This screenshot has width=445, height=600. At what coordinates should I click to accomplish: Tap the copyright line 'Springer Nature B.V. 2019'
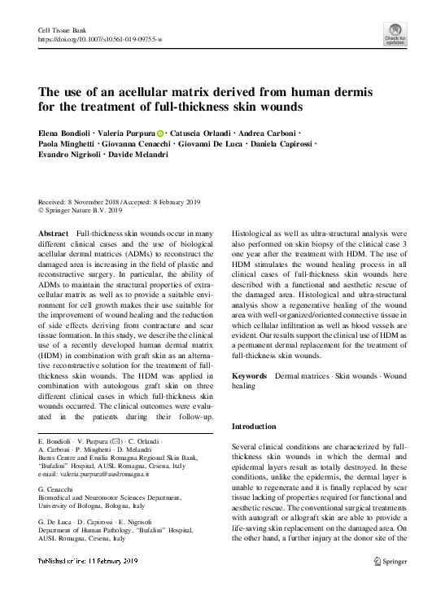[x=89, y=210]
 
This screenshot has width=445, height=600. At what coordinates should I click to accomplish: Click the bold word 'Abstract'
[x=54, y=233]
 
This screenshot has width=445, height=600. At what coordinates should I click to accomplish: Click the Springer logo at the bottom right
[x=390, y=585]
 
